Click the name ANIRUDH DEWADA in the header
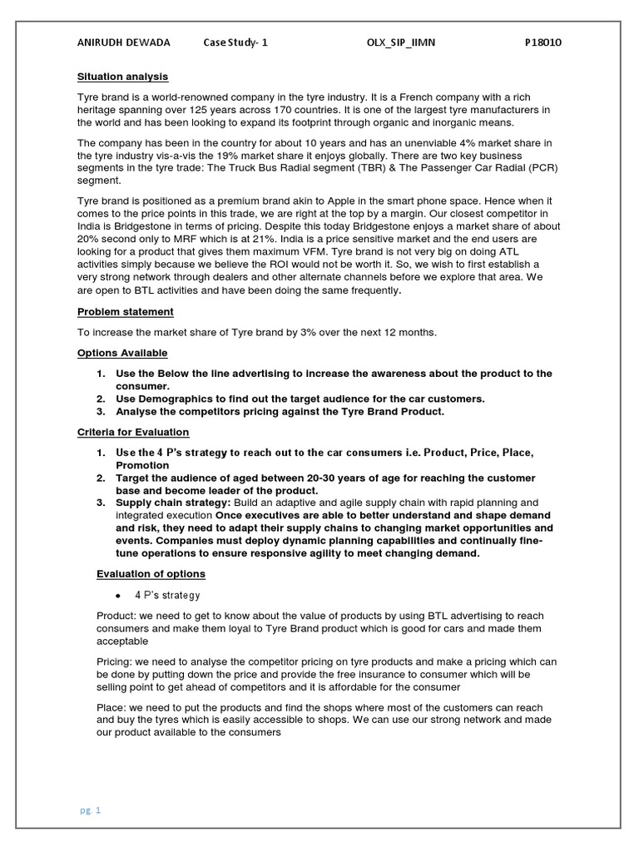pos(123,42)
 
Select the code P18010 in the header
pos(543,42)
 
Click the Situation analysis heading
pos(122,77)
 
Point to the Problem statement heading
pos(126,311)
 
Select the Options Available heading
pos(122,353)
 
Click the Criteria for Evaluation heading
pos(133,432)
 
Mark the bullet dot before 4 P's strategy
pos(119,596)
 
